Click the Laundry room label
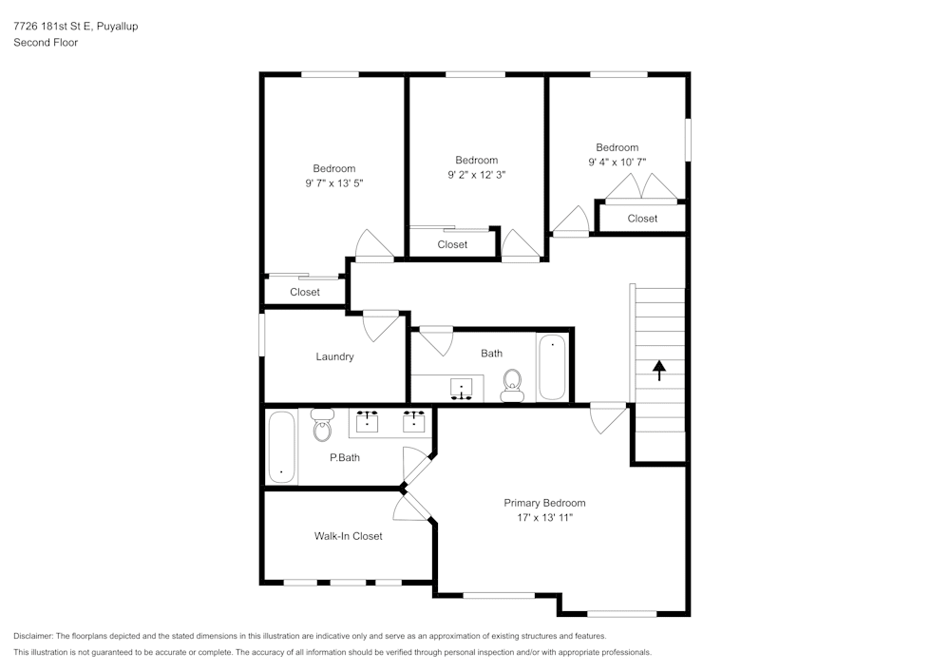pos(334,356)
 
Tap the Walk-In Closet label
pos(348,536)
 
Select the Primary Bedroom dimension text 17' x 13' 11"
pos(544,518)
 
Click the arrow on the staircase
pos(659,370)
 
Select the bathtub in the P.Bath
pos(281,446)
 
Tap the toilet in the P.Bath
pos(322,427)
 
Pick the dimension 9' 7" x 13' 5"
pos(334,182)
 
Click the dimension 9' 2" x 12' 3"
pos(476,174)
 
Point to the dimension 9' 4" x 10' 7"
pos(617,162)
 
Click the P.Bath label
pos(344,457)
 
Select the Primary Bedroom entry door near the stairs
pos(607,418)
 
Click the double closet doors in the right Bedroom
pos(642,188)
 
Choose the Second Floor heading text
pos(46,43)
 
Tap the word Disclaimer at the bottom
pos(34,636)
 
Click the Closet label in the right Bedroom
pos(642,219)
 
